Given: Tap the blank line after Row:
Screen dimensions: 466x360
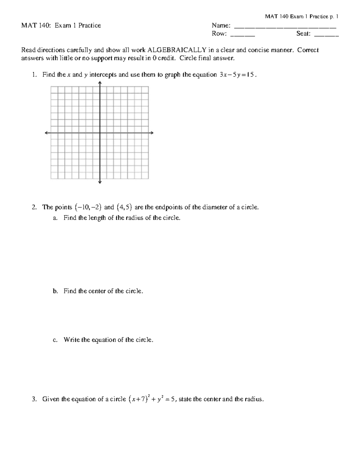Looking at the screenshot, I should pos(242,35).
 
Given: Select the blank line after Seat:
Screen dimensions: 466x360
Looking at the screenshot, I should pos(326,35).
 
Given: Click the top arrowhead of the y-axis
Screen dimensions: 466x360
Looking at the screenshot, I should pos(100,83).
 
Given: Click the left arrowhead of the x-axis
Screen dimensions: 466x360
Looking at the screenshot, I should pos(47,133).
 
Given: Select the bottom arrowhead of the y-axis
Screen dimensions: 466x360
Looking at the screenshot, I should pos(100,182).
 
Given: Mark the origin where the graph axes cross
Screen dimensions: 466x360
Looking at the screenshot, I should pos(100,133).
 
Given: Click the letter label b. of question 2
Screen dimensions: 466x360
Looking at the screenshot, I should pos(55,291).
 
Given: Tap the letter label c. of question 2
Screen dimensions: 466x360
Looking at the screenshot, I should pos(55,340).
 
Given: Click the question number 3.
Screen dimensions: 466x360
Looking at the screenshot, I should pos(34,399).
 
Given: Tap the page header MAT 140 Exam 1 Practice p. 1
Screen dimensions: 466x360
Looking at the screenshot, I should pos(301,17).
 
